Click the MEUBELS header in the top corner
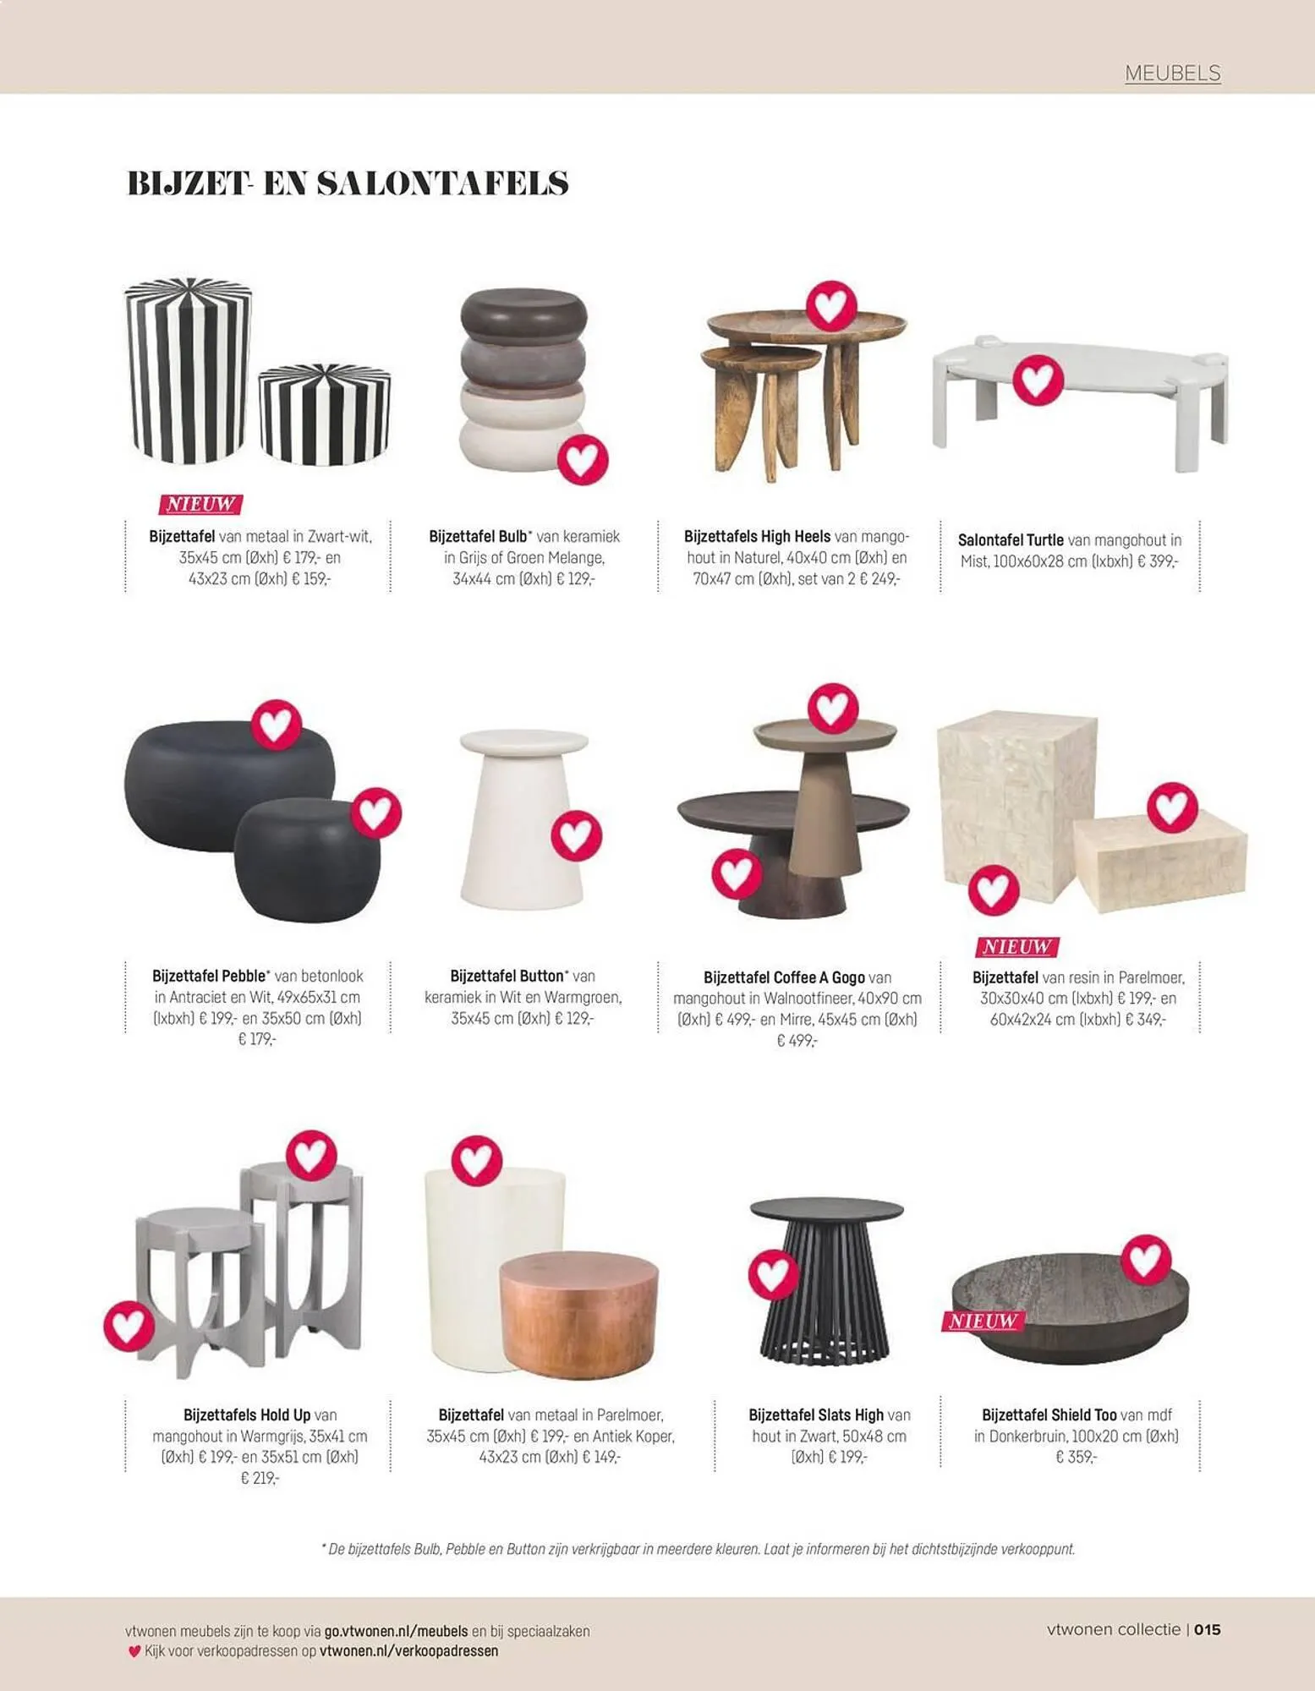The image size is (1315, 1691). [1172, 74]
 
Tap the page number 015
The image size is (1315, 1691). [1208, 1629]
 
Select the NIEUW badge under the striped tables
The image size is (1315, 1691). [200, 505]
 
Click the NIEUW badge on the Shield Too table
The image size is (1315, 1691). [983, 1321]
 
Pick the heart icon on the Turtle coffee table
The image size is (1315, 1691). [1038, 379]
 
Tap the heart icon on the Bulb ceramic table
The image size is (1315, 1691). [583, 459]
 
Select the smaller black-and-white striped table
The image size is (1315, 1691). [324, 414]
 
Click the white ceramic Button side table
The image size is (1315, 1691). [523, 818]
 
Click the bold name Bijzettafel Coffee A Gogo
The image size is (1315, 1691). [784, 977]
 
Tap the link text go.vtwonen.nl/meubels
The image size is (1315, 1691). [396, 1631]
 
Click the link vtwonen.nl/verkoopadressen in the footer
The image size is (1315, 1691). [408, 1650]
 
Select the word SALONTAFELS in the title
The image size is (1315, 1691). [442, 183]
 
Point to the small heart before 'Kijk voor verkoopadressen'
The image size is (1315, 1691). [134, 1650]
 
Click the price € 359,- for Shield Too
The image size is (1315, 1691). [1076, 1457]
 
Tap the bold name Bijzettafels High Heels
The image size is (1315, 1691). [757, 536]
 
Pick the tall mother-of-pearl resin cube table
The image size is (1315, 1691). [1016, 806]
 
